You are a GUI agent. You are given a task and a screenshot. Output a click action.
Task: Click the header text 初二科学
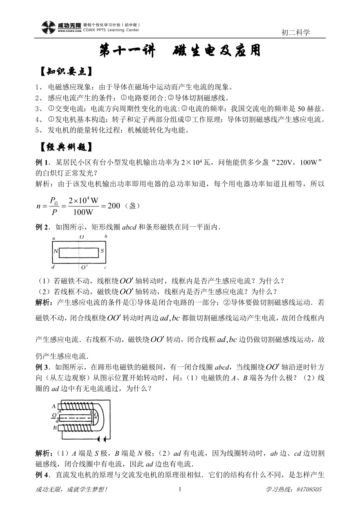(x=295, y=33)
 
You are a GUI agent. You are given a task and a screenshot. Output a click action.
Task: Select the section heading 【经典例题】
(x=64, y=148)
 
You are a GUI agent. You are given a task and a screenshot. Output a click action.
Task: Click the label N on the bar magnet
(x=56, y=251)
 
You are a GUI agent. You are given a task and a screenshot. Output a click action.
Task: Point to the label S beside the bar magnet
(x=102, y=251)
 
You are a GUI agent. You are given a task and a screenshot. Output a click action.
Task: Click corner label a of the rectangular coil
(x=53, y=238)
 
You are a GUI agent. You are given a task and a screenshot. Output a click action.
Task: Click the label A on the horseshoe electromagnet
(x=54, y=406)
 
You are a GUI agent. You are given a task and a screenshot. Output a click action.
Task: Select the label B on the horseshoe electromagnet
(x=54, y=428)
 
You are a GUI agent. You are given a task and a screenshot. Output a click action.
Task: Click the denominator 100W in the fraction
(x=83, y=213)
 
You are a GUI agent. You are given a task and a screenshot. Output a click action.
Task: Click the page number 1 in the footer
(x=180, y=489)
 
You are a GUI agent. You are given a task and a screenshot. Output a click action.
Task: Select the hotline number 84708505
(x=309, y=489)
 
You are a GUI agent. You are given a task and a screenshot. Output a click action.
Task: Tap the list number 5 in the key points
(x=37, y=131)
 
